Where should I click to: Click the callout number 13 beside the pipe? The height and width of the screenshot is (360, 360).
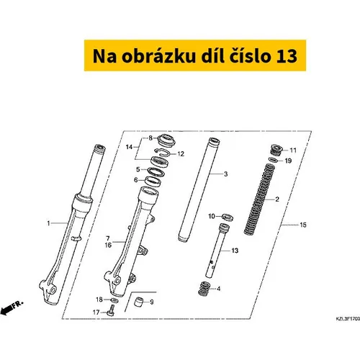[235, 251]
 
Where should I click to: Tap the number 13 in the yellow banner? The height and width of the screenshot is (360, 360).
[287, 56]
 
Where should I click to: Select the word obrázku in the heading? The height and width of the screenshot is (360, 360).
[158, 56]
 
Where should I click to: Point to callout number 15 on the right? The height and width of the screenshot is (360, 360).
[303, 225]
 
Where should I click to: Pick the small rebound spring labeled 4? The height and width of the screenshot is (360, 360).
[204, 289]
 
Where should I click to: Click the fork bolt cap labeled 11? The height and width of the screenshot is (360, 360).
[277, 150]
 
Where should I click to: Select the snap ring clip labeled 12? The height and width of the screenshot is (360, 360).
[163, 152]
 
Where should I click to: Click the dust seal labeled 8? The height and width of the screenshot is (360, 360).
[167, 141]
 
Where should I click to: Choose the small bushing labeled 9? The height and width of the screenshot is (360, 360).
[138, 302]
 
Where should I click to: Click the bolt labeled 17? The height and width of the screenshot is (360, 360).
[112, 310]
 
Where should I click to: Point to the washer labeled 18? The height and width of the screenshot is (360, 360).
[114, 300]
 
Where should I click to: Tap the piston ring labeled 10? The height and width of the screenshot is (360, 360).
[228, 217]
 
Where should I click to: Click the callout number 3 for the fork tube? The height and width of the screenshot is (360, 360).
[225, 174]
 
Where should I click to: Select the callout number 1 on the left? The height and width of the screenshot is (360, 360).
[48, 223]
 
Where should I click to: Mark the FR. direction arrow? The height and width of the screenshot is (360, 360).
[12, 307]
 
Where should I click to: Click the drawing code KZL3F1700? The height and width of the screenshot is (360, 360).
[348, 319]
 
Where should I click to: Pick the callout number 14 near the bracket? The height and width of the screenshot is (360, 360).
[129, 147]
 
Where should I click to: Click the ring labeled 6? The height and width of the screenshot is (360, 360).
[153, 181]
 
